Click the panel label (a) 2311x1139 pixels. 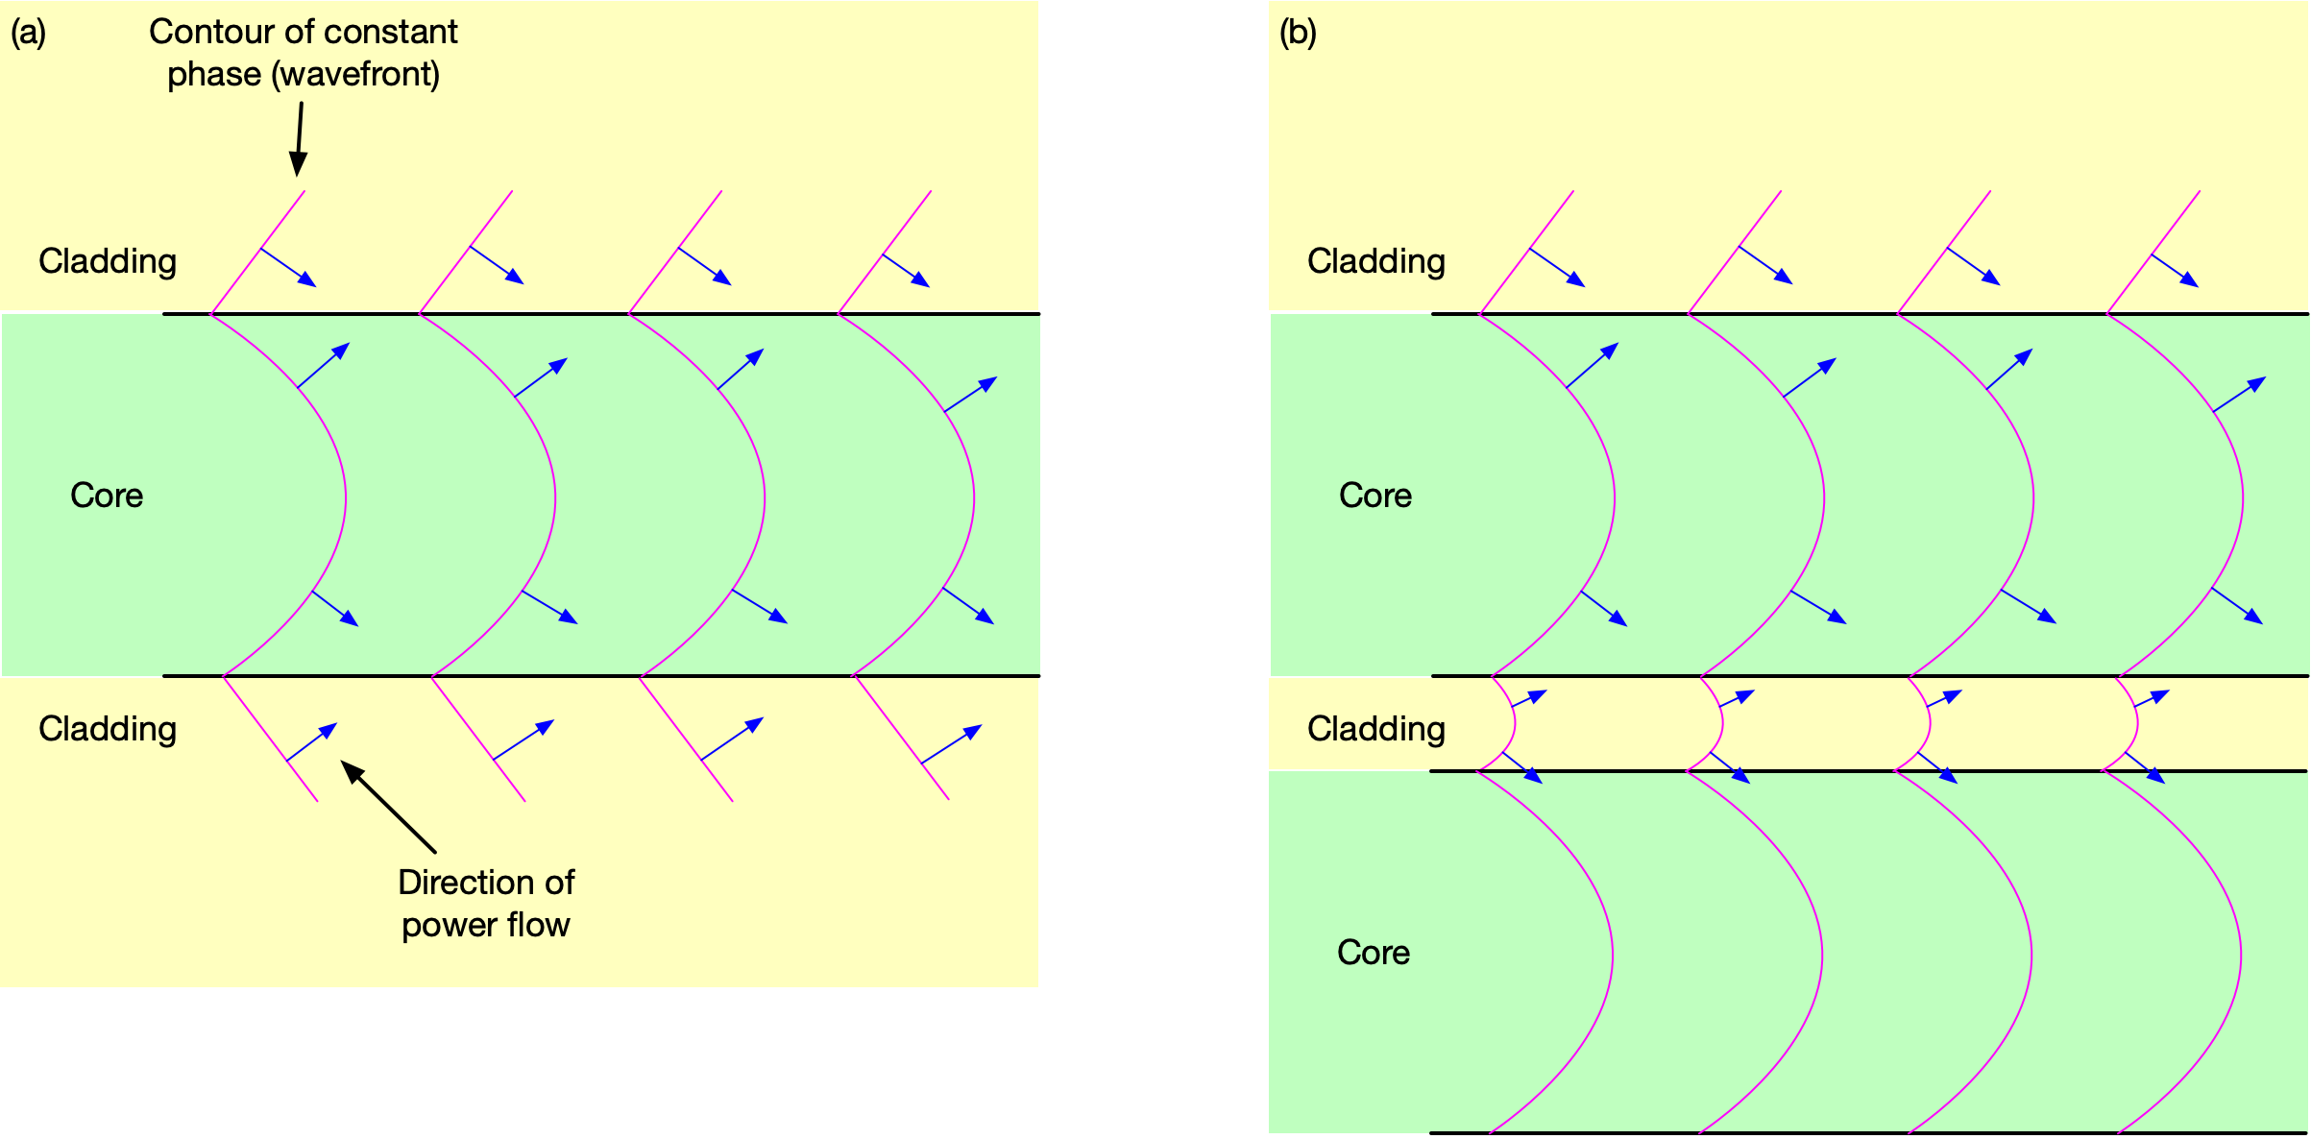click(x=28, y=33)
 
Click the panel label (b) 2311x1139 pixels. click(x=1298, y=33)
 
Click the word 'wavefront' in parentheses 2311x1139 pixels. click(x=355, y=74)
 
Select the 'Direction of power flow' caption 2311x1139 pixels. click(x=486, y=903)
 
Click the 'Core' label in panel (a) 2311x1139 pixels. click(x=107, y=496)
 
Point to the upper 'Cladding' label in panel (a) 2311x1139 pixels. click(x=108, y=261)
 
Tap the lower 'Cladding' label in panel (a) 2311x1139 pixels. click(x=108, y=729)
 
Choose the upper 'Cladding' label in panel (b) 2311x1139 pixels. click(x=1376, y=261)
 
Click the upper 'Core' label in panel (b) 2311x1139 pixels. click(x=1375, y=496)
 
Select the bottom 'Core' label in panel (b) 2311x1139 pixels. click(x=1374, y=953)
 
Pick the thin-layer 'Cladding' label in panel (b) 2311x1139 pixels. click(x=1376, y=729)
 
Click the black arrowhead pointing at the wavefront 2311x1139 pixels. click(x=299, y=164)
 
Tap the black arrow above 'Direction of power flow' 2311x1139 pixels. click(x=388, y=806)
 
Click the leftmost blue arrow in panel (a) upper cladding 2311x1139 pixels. click(x=288, y=267)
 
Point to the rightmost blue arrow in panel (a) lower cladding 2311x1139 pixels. click(x=951, y=744)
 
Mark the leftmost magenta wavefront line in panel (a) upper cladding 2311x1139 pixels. click(x=257, y=253)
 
